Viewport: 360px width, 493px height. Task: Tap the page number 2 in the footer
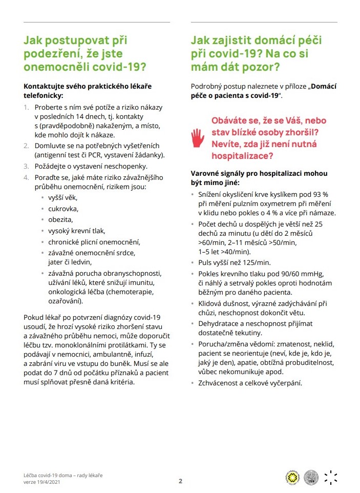pos(180,481)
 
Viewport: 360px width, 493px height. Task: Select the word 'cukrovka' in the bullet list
pos(63,209)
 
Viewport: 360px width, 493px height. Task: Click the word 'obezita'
pos(60,219)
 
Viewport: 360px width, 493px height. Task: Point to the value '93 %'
pos(320,195)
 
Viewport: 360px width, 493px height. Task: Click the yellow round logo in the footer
pos(292,477)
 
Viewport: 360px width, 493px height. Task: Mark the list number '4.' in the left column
pos(26,177)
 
